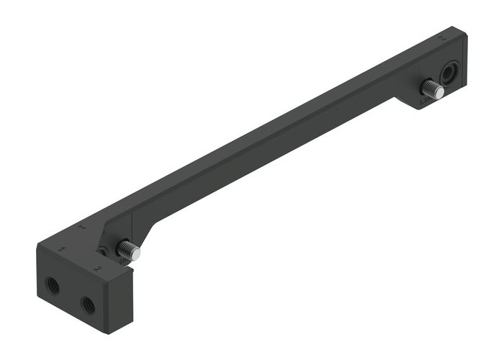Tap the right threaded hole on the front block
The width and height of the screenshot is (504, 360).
(x=88, y=305)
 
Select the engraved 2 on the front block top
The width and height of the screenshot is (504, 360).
(x=97, y=269)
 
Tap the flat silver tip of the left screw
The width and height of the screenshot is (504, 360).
(x=138, y=254)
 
